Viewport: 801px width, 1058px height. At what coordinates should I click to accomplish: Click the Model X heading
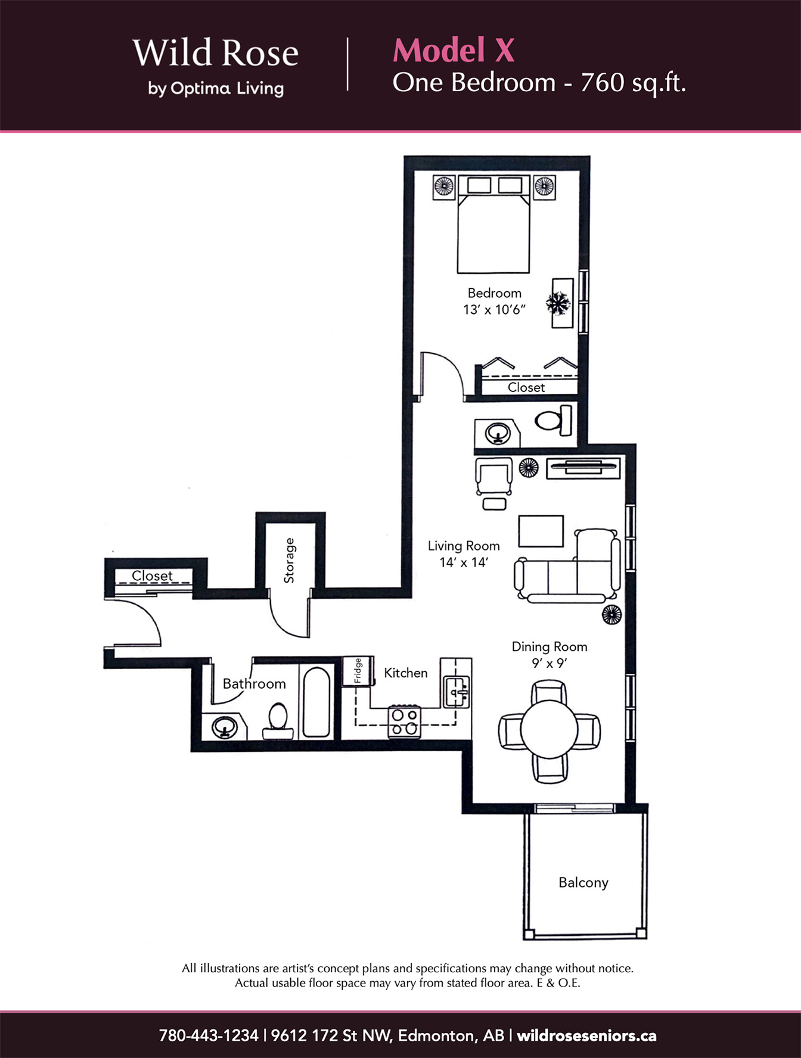(454, 50)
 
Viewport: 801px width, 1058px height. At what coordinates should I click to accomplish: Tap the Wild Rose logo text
(215, 53)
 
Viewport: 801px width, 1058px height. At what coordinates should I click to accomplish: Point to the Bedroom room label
(494, 293)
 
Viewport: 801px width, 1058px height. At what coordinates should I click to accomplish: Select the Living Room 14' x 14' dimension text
(464, 562)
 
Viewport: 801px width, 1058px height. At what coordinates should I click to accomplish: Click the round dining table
(549, 729)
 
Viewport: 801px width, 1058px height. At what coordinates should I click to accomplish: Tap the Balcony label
(583, 882)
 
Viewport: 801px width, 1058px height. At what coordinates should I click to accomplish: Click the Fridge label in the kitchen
(358, 670)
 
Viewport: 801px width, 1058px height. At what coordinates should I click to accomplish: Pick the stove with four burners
(404, 722)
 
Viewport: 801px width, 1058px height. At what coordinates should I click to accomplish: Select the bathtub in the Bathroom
(316, 702)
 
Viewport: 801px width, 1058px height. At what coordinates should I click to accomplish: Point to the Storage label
(289, 560)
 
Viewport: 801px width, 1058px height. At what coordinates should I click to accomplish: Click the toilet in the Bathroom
(278, 720)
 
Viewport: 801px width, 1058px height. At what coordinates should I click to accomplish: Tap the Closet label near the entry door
(152, 576)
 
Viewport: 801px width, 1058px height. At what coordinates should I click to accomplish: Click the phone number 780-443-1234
(209, 1035)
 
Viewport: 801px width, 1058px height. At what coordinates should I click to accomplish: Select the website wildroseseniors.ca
(586, 1035)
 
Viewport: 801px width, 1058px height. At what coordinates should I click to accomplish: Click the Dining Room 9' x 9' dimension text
(549, 663)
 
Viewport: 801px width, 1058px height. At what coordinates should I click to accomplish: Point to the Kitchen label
(406, 673)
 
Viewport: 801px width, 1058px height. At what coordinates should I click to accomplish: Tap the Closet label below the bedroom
(526, 387)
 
